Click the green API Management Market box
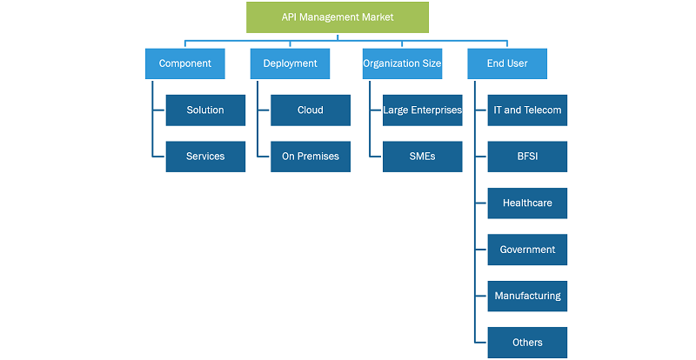pyautogui.click(x=338, y=17)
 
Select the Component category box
pyautogui.click(x=185, y=63)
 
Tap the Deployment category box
pyautogui.click(x=290, y=63)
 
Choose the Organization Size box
pyautogui.click(x=402, y=63)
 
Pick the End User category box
pyautogui.click(x=507, y=63)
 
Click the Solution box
pyautogui.click(x=205, y=110)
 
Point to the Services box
pyautogui.click(x=205, y=157)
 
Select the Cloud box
pyautogui.click(x=311, y=110)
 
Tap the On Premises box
pyautogui.click(x=311, y=157)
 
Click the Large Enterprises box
pyautogui.click(x=423, y=110)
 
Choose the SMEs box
pyautogui.click(x=423, y=157)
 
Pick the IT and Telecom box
pyautogui.click(x=527, y=110)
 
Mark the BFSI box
pyautogui.click(x=527, y=157)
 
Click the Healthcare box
pyautogui.click(x=527, y=203)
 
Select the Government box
pyautogui.click(x=527, y=250)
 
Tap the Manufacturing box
pyautogui.click(x=527, y=296)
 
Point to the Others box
pyautogui.click(x=527, y=343)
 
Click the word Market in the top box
pyautogui.click(x=379, y=17)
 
